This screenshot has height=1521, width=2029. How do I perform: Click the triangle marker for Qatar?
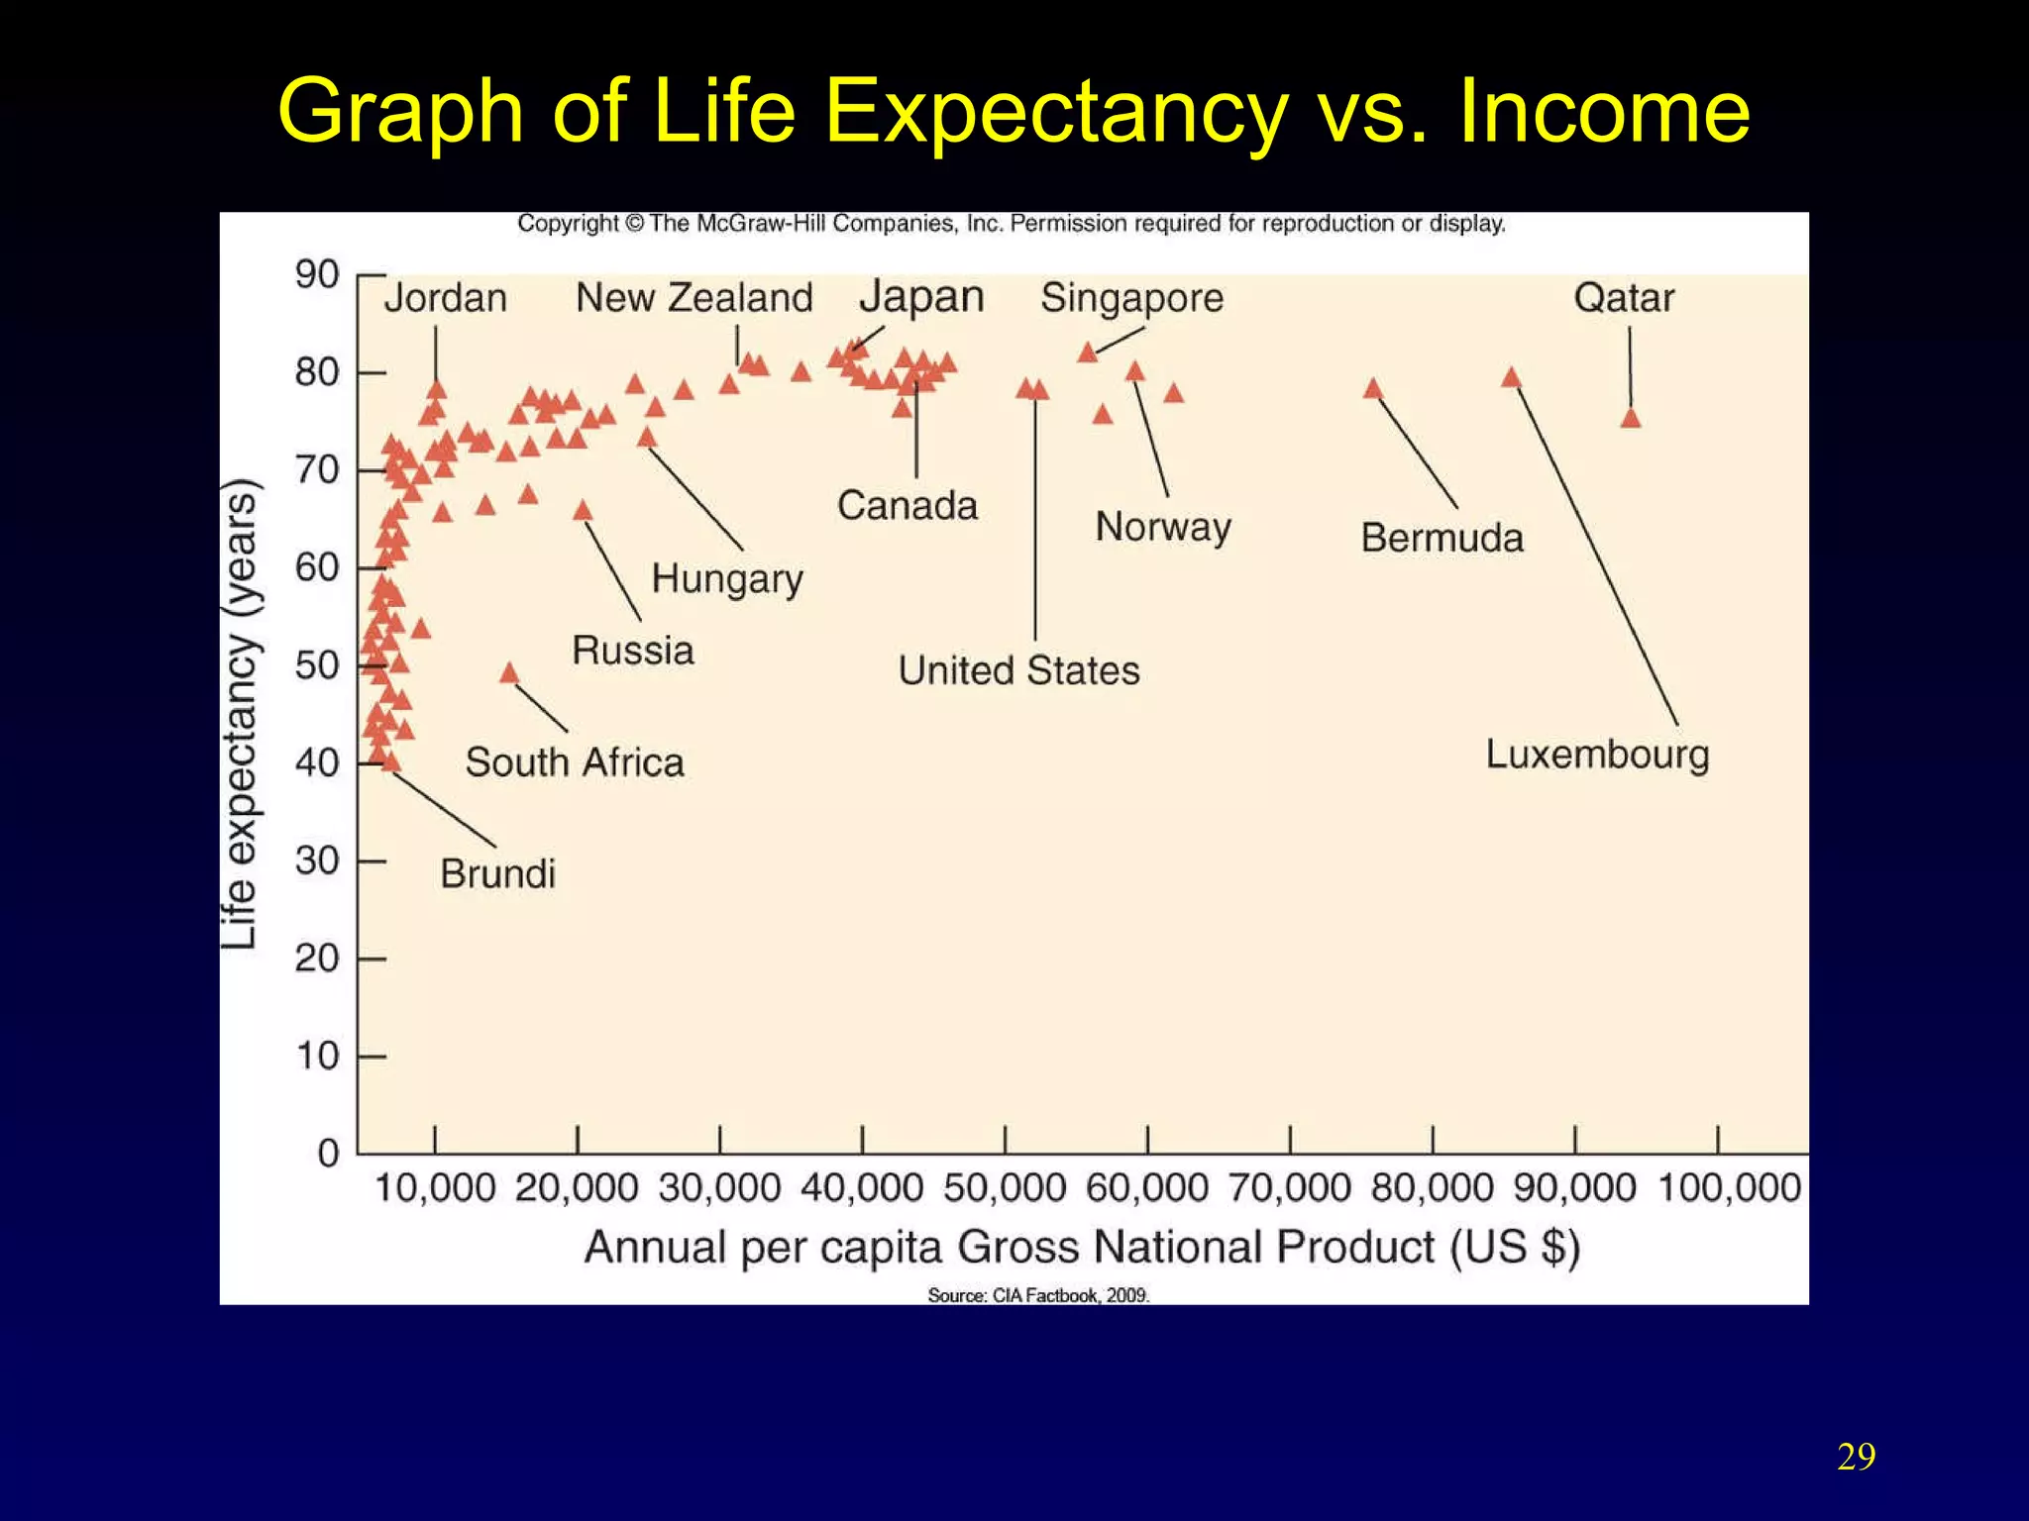pos(1631,419)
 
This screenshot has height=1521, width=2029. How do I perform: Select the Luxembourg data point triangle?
pos(1511,378)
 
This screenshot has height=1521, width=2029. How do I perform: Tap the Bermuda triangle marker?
pos(1373,389)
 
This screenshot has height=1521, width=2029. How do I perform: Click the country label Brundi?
pos(497,873)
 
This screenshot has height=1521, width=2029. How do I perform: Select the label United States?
pos(1018,670)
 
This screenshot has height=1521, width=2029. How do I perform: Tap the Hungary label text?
pos(727,579)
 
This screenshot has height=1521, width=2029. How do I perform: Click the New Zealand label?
pos(694,298)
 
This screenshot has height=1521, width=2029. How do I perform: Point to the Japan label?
pos(921,297)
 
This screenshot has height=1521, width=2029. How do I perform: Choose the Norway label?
pos(1163,527)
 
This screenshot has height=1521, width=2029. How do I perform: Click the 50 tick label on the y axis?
pos(317,665)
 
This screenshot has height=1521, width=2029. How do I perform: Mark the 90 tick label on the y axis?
pos(317,274)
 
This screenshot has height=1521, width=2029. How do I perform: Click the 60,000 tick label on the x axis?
pos(1147,1187)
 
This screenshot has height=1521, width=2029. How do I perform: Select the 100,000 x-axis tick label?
pos(1729,1187)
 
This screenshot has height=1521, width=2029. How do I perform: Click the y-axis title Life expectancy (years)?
pos(240,713)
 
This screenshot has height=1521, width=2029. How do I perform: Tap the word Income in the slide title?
pos(1603,111)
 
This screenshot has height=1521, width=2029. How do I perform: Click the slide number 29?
pos(1856,1457)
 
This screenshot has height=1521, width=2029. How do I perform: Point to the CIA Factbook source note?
pos(1038,1295)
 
